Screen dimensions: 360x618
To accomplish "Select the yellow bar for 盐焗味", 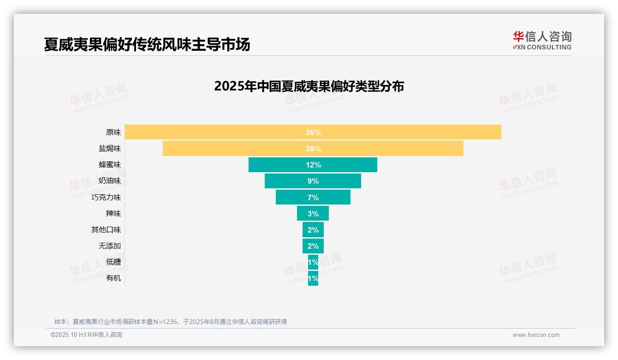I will tap(231, 149).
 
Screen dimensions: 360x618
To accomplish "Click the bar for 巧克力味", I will tap(291, 197).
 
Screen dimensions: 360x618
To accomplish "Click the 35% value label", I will tap(313, 132).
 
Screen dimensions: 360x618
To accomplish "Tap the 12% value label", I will tap(313, 165).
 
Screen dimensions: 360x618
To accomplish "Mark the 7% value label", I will tap(313, 198).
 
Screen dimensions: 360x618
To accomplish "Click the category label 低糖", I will tap(113, 262).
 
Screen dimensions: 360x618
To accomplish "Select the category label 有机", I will tap(113, 278).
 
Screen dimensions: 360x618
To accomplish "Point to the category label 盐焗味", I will tap(110, 149).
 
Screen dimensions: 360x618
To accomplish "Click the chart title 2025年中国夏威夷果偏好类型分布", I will tap(309, 86).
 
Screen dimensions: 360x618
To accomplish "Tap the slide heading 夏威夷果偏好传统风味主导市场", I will tap(147, 44).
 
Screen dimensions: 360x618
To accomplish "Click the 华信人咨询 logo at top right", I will tap(542, 41).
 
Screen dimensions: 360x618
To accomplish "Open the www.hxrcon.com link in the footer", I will tap(536, 335).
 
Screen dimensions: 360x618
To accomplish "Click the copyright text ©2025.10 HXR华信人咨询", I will tap(86, 335).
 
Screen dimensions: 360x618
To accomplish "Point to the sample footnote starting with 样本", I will tap(171, 322).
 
